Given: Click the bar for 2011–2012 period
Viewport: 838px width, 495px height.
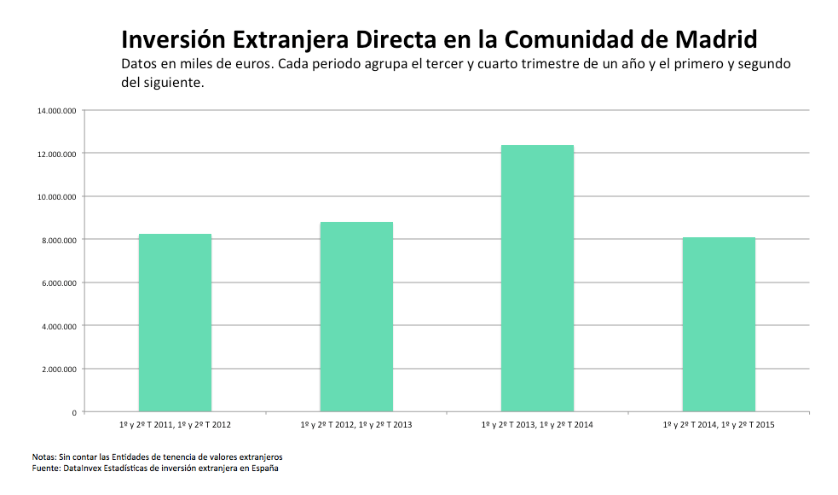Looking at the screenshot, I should pos(175,323).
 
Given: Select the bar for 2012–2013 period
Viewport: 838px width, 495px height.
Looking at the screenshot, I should pos(356,317).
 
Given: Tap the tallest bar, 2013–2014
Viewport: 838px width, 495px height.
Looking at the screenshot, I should pos(537,278).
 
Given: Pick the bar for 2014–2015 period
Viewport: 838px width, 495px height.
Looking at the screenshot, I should pos(719,324).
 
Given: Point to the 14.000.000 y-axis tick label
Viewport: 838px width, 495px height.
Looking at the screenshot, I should pos(56,110).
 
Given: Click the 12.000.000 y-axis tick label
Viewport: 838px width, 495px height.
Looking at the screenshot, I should pos(56,154).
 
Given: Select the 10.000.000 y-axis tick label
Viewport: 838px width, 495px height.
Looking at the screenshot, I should pos(56,196).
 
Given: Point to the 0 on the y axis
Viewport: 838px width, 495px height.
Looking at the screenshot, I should pos(73,412).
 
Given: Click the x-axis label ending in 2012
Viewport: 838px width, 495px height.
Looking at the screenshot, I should pos(175,424).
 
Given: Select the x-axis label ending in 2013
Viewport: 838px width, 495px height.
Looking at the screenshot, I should pos(356,424).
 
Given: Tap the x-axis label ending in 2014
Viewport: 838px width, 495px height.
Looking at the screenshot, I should pos(537,424).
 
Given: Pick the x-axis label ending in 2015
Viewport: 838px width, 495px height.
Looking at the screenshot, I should pos(719,424).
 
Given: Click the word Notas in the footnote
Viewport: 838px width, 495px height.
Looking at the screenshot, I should pos(43,457).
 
